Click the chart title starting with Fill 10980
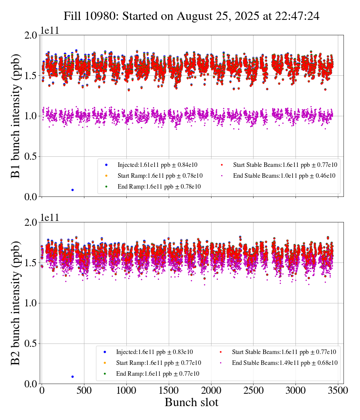click(x=191, y=16)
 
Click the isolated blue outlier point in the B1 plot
click(x=72, y=190)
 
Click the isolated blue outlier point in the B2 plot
click(x=72, y=376)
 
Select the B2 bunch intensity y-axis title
click(x=16, y=303)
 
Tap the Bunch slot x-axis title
click(x=191, y=403)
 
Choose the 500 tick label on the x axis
click(x=84, y=390)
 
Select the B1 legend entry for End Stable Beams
click(x=284, y=175)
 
